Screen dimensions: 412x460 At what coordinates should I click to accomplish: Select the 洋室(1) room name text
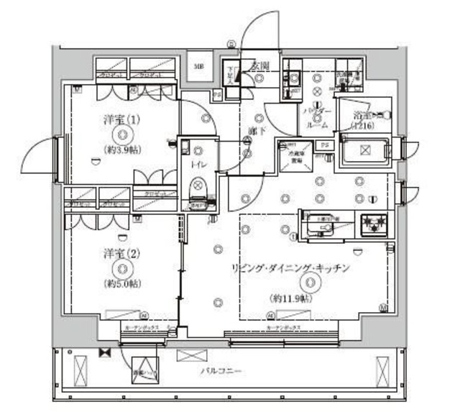122,120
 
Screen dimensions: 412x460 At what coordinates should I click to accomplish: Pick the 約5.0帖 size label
122,283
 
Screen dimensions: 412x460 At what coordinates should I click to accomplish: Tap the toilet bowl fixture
196,188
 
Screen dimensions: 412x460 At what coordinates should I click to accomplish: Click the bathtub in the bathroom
364,152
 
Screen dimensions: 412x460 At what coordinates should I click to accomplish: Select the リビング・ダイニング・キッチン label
290,267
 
